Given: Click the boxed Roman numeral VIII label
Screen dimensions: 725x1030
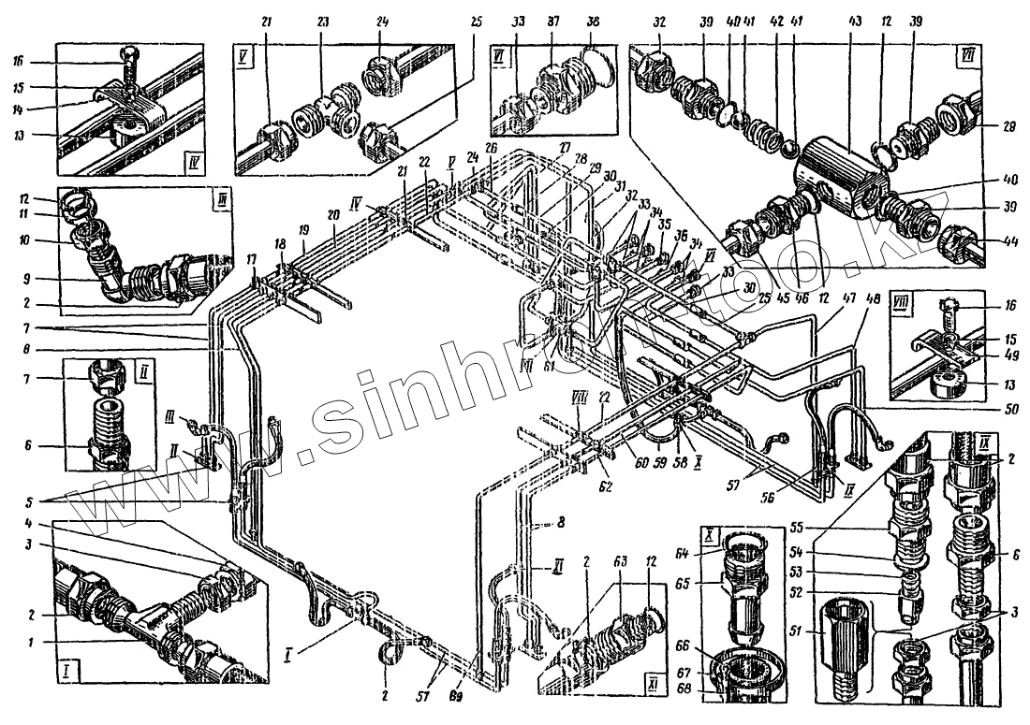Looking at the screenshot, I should click(x=903, y=303).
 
